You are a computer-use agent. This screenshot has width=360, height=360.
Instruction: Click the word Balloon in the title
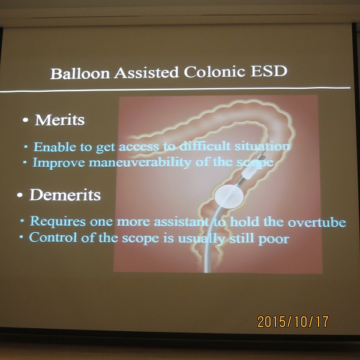coord(80,73)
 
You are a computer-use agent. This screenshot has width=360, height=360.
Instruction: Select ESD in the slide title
coord(269,71)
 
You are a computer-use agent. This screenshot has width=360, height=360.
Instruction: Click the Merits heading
coord(59,120)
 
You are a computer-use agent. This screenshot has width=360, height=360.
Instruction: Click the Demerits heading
coord(65,195)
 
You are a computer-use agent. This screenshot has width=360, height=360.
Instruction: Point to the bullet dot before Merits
coord(25,120)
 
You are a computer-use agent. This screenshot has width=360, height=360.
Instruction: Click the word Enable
coord(55,147)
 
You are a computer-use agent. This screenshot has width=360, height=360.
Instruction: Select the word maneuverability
coord(140,163)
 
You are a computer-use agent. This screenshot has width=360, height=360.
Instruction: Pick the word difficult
coord(205,146)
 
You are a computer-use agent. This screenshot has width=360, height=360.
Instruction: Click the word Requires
coord(58,221)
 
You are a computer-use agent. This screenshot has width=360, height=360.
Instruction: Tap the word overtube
coord(317,222)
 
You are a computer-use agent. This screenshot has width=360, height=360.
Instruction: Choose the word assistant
coord(182,222)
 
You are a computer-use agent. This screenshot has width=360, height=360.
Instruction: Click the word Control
coord(53,238)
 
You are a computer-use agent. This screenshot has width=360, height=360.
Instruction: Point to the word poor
coord(274,239)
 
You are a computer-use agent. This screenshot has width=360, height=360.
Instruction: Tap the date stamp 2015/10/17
coord(293,322)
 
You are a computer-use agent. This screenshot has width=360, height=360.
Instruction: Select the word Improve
coord(59,163)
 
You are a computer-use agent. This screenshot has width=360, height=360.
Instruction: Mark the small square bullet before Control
coord(22,236)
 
